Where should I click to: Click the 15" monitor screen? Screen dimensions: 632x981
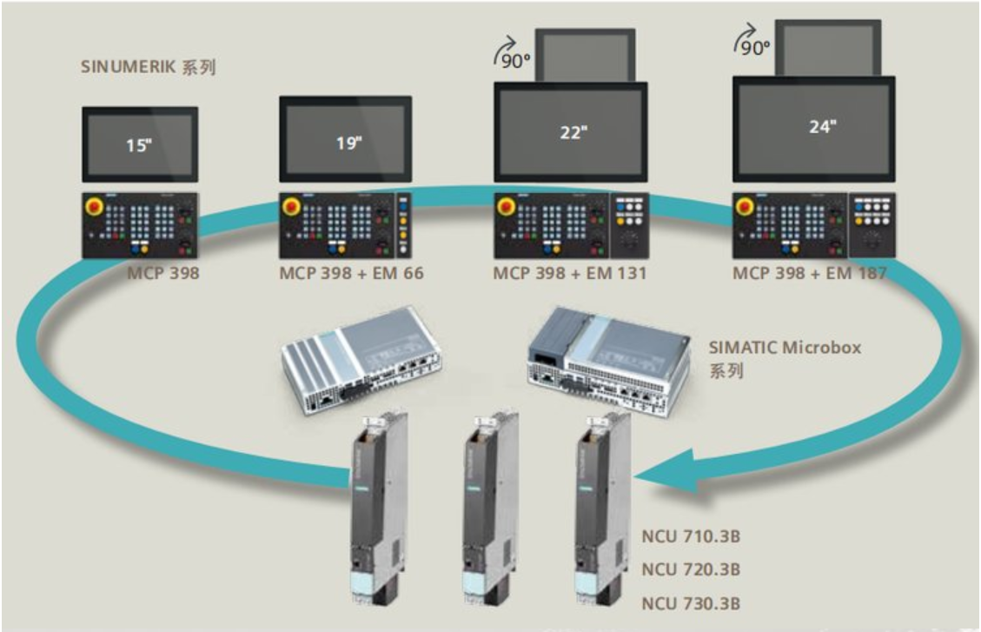pos(140,145)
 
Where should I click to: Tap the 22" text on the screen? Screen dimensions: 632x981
pos(573,132)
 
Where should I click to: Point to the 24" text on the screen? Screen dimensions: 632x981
pos(820,126)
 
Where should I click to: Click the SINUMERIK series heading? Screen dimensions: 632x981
pos(148,67)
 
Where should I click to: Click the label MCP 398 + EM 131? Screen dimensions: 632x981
pos(569,273)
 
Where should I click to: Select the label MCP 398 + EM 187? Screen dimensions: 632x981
pos(809,273)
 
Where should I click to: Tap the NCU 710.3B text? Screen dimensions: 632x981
pos(691,534)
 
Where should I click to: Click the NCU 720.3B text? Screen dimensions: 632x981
pos(691,569)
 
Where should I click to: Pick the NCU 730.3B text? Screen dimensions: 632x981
pos(691,603)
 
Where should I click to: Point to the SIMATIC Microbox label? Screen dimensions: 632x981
pos(785,348)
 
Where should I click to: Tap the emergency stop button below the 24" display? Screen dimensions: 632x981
pos(745,207)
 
